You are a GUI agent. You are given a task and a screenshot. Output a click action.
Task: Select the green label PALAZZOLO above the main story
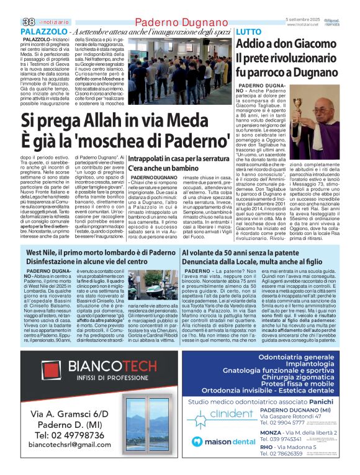click(x=44, y=31)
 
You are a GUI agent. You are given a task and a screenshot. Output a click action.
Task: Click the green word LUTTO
click(x=249, y=32)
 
